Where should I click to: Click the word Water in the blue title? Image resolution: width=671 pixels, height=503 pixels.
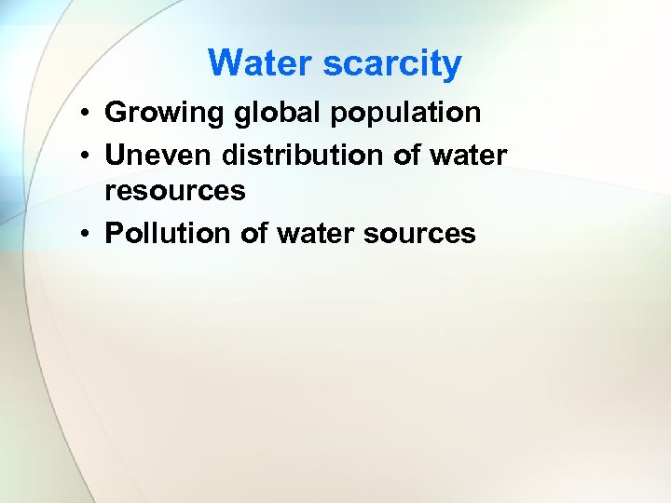pyautogui.click(x=261, y=63)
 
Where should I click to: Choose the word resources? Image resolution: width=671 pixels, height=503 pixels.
pyautogui.click(x=175, y=191)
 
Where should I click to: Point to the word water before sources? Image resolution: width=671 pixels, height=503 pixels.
pyautogui.click(x=316, y=232)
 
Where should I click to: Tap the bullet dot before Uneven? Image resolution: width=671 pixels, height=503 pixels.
pyautogui.click(x=84, y=156)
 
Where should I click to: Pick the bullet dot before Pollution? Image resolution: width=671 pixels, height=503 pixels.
pyautogui.click(x=84, y=234)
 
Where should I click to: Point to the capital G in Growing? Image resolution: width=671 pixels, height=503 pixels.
pyautogui.click(x=116, y=114)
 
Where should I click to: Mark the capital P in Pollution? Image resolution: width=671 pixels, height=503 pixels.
pyautogui.click(x=114, y=232)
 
